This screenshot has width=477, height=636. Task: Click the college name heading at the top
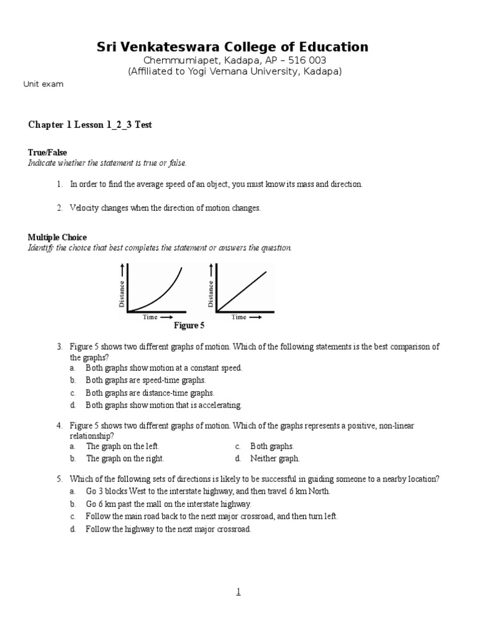(x=232, y=47)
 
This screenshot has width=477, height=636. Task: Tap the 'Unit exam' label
(x=43, y=84)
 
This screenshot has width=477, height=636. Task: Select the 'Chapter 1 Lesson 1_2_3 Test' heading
(x=90, y=125)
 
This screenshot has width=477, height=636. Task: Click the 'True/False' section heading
(x=47, y=152)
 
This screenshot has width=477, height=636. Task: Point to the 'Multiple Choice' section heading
(x=57, y=237)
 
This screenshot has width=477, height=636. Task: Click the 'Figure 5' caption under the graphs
(x=189, y=325)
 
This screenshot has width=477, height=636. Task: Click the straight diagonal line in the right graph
(x=242, y=289)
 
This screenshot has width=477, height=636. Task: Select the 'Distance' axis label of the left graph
(x=122, y=293)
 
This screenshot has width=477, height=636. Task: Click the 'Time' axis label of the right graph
(x=238, y=317)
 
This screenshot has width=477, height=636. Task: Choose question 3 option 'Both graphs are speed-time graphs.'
(x=145, y=380)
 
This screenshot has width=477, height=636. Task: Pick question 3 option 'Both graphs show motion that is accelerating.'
(x=163, y=405)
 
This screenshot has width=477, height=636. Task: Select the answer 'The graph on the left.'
(x=122, y=446)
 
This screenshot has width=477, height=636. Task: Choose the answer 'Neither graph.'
(x=275, y=458)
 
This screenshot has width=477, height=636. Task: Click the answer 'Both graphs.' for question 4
(x=272, y=446)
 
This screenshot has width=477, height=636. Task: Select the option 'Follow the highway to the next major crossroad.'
(x=168, y=529)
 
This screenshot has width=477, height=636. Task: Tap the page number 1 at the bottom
(x=238, y=592)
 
